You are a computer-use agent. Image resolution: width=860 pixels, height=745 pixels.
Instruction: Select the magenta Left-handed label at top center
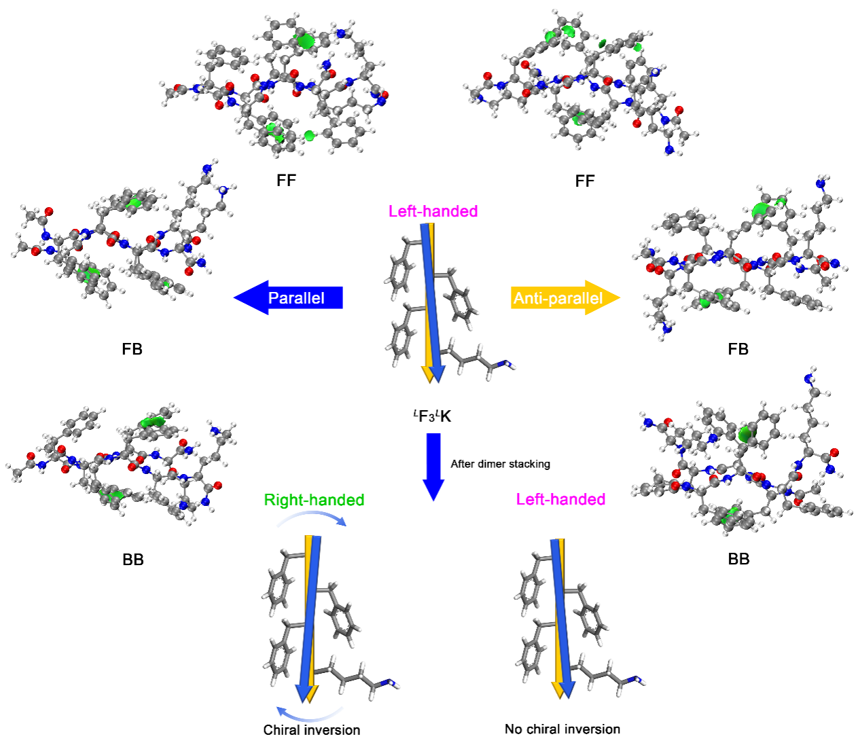coord(433,211)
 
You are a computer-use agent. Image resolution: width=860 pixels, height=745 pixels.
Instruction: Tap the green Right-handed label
coord(314,500)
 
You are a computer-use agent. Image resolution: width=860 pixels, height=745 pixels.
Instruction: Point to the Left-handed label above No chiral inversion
coord(560,499)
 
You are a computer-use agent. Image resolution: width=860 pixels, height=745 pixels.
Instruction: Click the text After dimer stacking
coord(500,464)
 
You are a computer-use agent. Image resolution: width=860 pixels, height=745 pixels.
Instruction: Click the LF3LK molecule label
coord(432,416)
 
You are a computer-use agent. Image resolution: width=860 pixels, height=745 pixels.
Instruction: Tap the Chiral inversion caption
coord(312,730)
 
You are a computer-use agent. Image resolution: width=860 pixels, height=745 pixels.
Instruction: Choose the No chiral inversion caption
coord(562,729)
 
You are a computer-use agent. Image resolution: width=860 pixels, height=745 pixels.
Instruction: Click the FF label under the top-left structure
coord(286,181)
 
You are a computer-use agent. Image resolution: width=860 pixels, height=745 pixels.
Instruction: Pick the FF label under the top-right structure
coord(584,181)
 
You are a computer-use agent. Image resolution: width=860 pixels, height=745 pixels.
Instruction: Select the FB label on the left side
coord(132,349)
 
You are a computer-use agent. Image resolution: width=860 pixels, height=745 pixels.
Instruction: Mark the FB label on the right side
coord(738,349)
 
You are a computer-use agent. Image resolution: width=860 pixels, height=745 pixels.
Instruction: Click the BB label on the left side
coord(133,560)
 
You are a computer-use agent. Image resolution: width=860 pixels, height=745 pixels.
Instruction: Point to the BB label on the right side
coord(738,559)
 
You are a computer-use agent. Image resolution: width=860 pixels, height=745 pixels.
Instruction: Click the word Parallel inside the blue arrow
coord(296,298)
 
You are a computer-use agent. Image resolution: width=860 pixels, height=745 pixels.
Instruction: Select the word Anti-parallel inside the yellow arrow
coord(558,298)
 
